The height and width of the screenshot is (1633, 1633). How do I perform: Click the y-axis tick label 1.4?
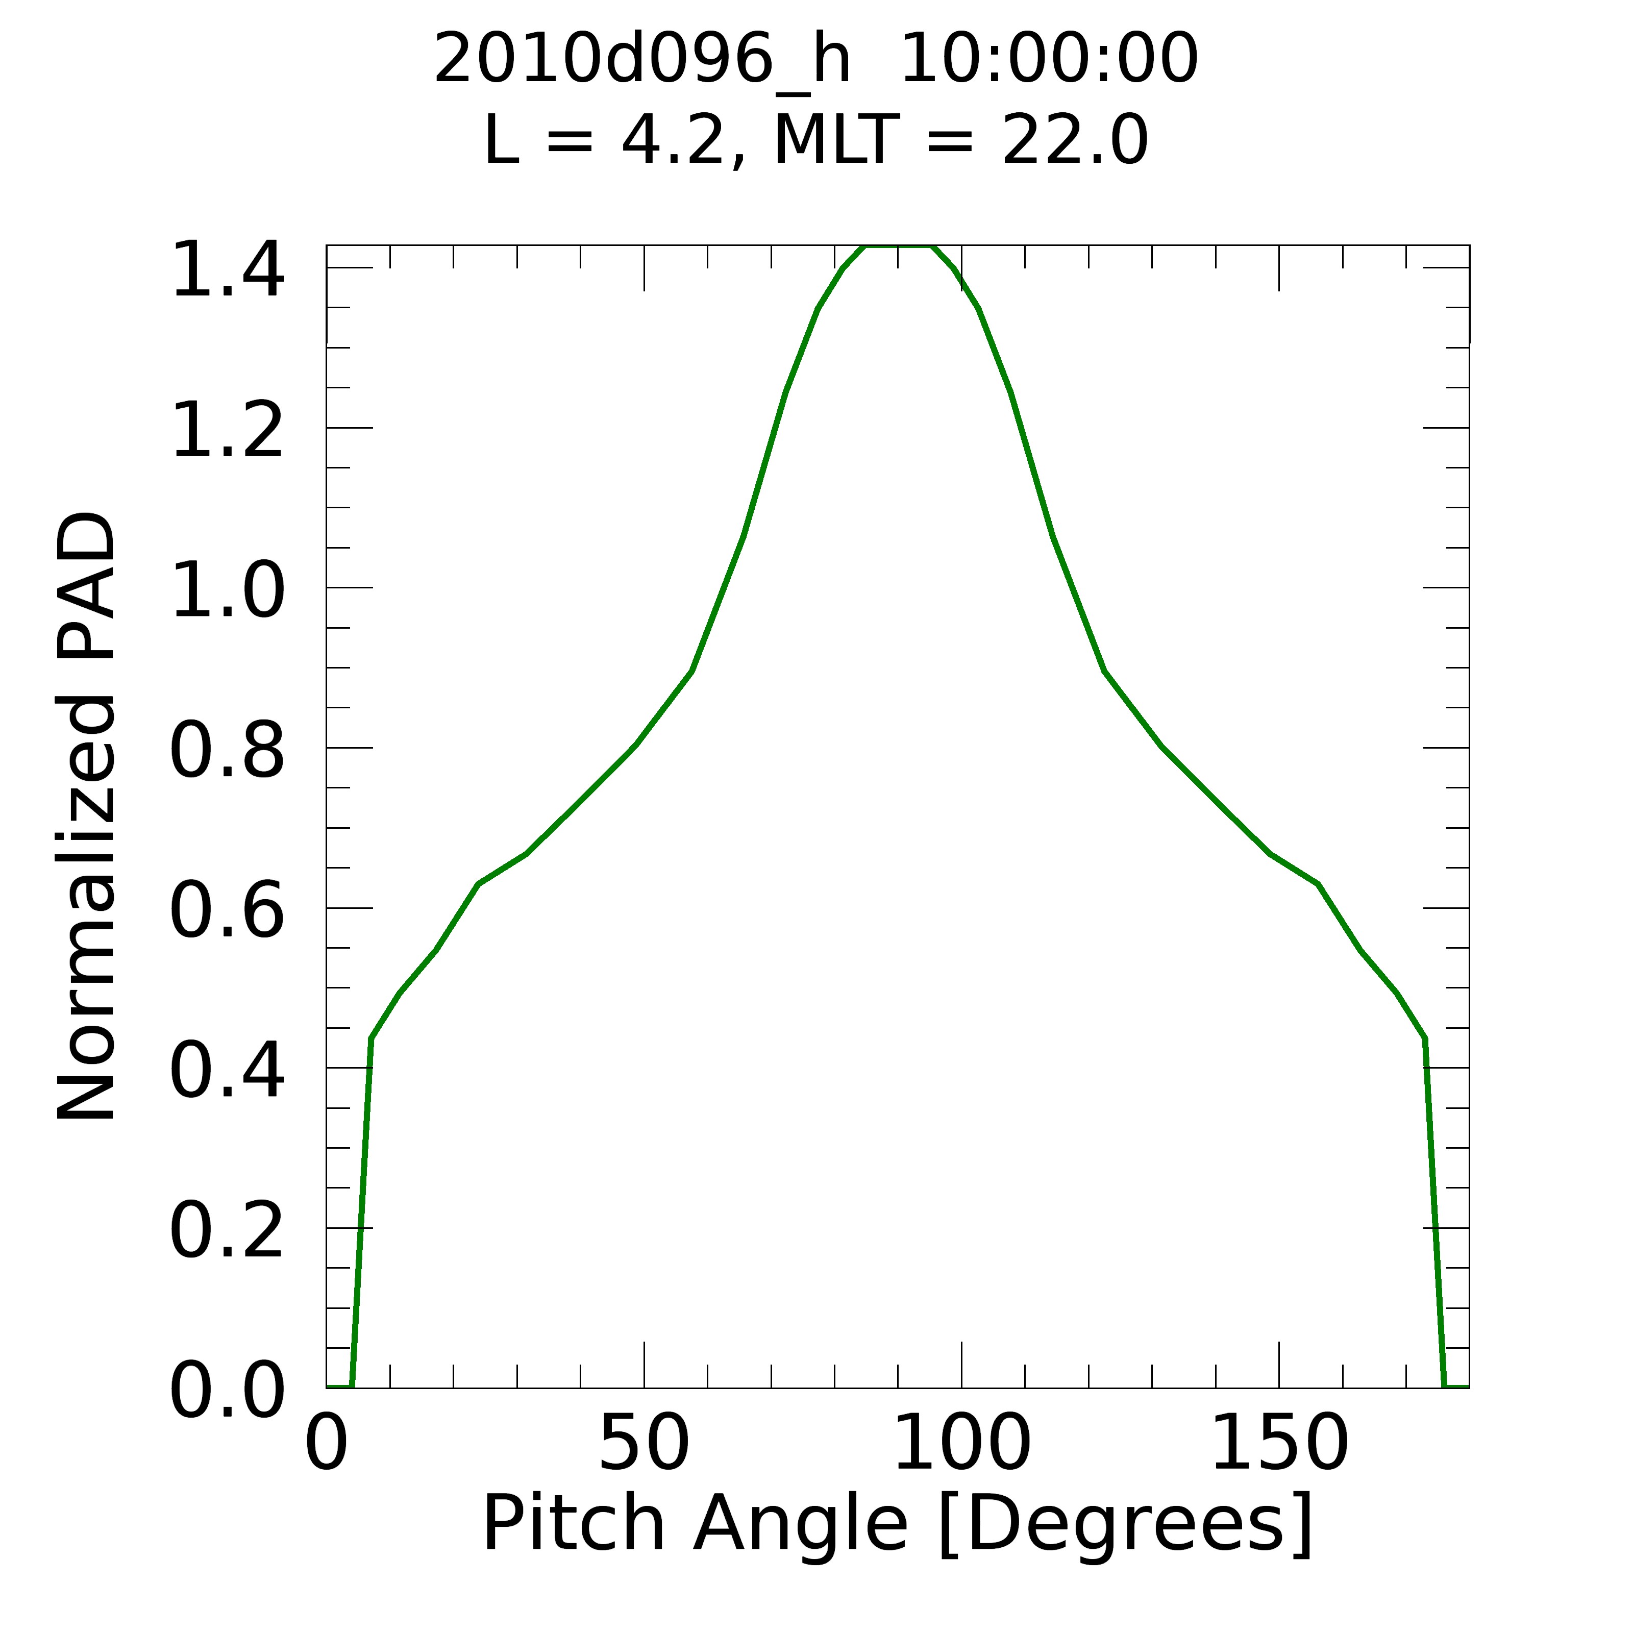[x=227, y=270]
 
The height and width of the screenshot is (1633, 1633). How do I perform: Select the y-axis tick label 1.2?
[x=227, y=431]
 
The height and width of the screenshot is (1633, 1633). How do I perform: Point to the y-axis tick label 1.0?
[x=227, y=591]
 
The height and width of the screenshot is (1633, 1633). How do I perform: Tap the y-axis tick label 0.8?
[x=227, y=751]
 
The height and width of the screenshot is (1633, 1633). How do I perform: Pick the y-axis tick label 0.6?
[x=227, y=911]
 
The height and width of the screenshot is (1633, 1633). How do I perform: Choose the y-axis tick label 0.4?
[x=227, y=1071]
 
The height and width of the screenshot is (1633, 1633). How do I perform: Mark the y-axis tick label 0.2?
[x=227, y=1231]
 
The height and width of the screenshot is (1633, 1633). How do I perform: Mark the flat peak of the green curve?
[x=898, y=247]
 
